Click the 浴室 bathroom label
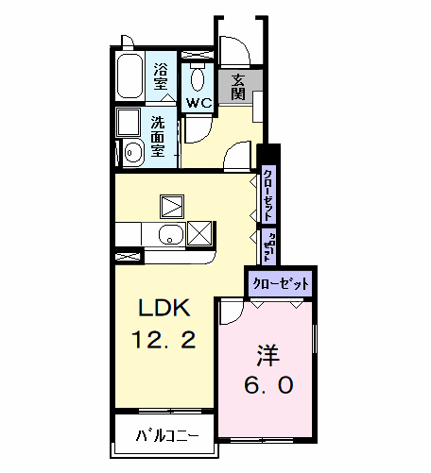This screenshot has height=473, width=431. click(161, 76)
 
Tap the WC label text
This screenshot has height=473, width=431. click(198, 102)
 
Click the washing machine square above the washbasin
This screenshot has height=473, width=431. click(129, 123)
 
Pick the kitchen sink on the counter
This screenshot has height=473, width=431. click(170, 235)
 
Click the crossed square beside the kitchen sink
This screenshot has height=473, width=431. click(199, 233)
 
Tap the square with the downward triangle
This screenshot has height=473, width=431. click(173, 205)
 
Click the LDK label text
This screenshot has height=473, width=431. click(166, 308)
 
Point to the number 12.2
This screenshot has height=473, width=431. click(166, 340)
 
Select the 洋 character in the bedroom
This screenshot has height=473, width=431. click(266, 355)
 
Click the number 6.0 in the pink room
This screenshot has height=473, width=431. click(266, 385)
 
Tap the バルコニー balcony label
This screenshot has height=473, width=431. click(167, 437)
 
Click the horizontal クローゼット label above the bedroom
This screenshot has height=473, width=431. click(280, 282)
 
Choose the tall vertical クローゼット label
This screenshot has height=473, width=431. click(269, 193)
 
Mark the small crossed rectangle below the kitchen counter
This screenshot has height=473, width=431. click(129, 255)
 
